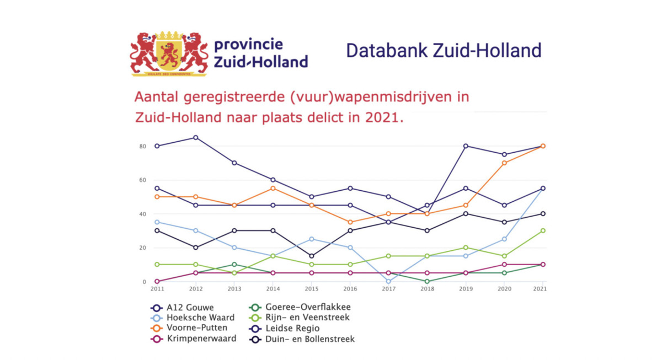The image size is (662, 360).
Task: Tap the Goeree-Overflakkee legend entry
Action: pos(306,307)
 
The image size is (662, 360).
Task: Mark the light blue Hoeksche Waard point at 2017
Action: pos(388,282)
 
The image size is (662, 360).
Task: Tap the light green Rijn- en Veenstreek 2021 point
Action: pos(543,230)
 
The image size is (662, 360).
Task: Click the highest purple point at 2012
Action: pos(196,138)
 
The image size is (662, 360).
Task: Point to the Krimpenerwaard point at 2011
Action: pos(157,282)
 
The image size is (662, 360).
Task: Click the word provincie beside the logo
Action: pos(248,44)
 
